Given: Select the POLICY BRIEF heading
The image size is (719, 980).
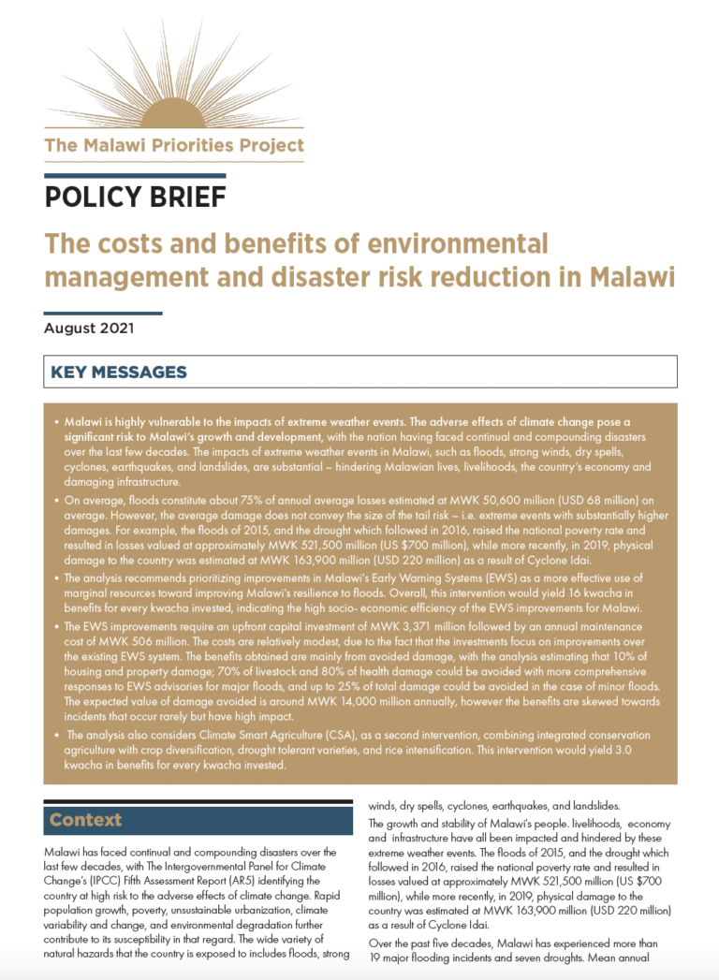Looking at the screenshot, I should [135, 197].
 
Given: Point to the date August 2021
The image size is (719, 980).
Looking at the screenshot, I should [89, 329].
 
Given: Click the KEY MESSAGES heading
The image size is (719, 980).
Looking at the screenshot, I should [119, 373].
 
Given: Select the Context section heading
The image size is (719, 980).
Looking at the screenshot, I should [86, 820].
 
